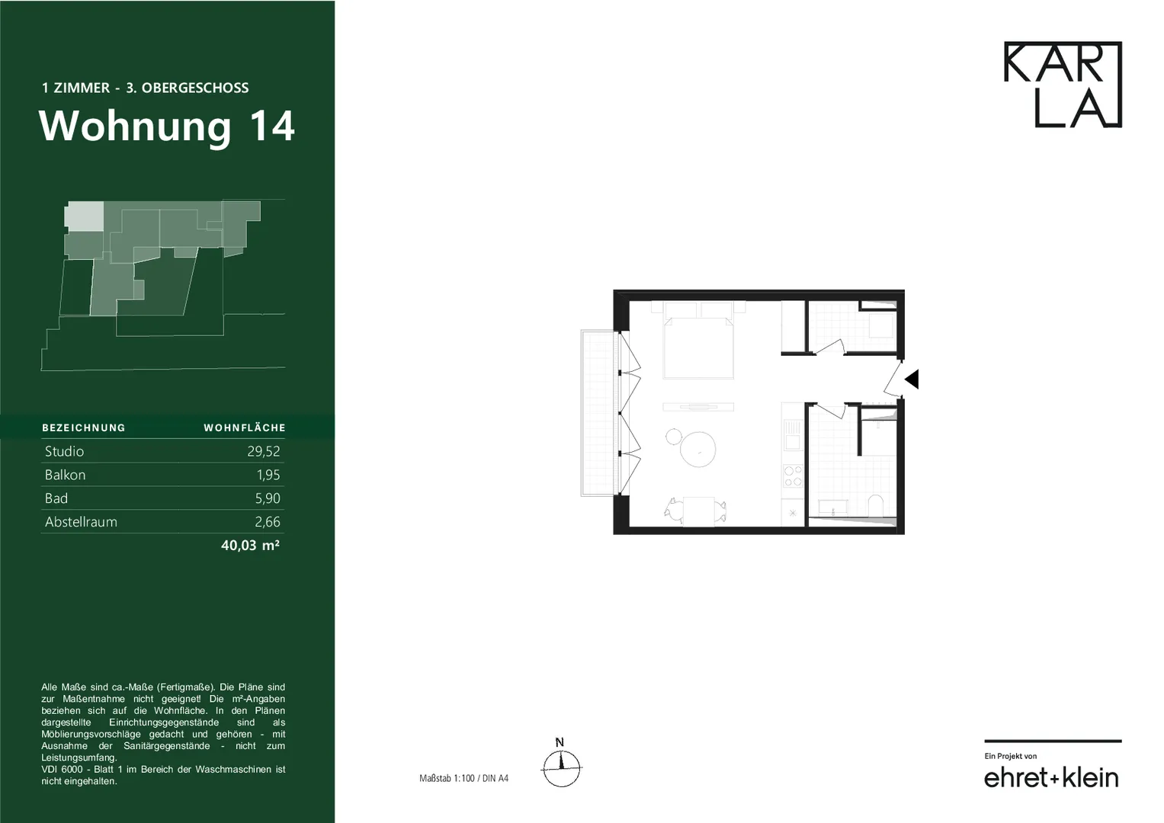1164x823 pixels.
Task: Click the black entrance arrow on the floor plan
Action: (912, 379)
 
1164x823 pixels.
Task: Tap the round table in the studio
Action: (697, 449)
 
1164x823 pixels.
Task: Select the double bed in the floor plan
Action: (698, 347)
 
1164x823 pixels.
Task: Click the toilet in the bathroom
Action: (876, 505)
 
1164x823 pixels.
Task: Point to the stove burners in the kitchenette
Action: (793, 476)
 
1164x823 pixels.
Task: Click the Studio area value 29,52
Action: (264, 451)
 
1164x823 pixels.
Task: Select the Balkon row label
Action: (65, 475)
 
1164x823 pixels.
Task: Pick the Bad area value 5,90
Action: (268, 498)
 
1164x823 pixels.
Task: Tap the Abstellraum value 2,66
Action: (268, 522)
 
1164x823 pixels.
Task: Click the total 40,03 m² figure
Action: (251, 545)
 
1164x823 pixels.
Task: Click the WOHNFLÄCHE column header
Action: (245, 428)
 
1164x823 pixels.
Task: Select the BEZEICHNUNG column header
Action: (84, 428)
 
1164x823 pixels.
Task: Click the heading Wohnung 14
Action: (167, 126)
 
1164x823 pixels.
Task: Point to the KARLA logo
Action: (1063, 84)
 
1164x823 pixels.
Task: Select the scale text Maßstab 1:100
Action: (447, 778)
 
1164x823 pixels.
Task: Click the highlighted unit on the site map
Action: (84, 216)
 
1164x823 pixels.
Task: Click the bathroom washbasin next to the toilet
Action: (833, 507)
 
